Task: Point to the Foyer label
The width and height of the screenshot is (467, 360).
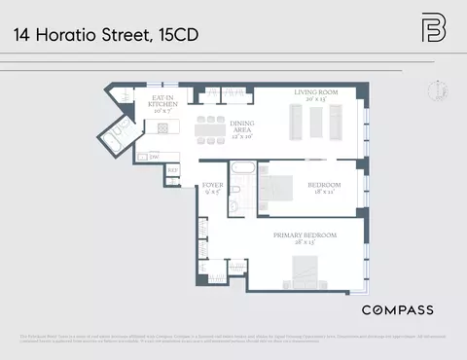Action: [x=211, y=187]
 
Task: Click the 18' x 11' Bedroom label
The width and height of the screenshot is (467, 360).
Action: [x=324, y=188]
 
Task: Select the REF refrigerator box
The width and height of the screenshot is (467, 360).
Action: [x=172, y=171]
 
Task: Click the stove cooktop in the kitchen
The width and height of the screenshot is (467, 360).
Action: [x=162, y=127]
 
